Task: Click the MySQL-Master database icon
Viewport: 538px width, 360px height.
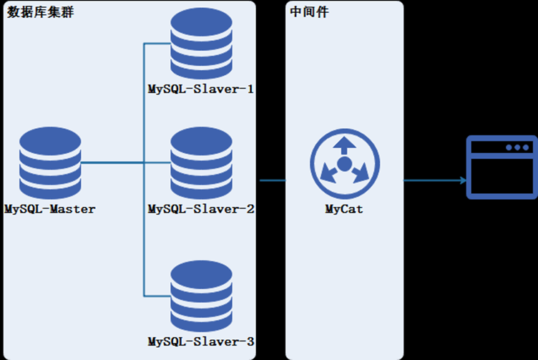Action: [50, 164]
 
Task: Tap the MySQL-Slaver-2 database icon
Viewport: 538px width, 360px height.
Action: [202, 164]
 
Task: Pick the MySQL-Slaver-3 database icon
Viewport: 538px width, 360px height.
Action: [202, 295]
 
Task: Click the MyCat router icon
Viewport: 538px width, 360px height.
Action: [344, 165]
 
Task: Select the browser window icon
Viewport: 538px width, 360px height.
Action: [501, 167]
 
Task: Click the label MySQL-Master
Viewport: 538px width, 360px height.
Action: [50, 210]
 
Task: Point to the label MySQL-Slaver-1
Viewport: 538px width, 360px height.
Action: [201, 90]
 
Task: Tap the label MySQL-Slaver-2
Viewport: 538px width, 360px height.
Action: [201, 210]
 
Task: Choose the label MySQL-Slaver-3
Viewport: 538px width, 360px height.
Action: [201, 341]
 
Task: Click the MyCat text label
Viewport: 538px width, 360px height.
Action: [344, 210]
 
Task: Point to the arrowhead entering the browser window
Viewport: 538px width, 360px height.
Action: [462, 180]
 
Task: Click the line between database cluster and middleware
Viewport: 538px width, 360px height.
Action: [272, 180]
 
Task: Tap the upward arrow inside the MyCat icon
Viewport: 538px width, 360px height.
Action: [344, 146]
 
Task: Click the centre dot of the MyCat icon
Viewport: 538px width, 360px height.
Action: [344, 165]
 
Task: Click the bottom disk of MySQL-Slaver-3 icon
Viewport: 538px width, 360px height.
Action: [202, 318]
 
